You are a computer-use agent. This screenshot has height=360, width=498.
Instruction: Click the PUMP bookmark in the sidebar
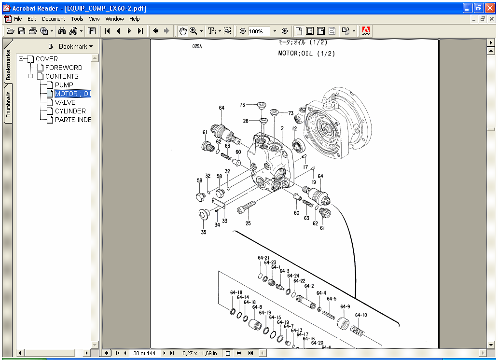(x=64, y=85)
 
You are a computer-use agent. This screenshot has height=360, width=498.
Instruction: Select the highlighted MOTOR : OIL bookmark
(x=72, y=94)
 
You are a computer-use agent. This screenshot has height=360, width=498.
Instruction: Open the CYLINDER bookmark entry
(x=70, y=111)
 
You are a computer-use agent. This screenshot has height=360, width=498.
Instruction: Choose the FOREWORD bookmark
(x=64, y=68)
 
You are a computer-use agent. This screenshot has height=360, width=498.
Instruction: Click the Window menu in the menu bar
(x=114, y=19)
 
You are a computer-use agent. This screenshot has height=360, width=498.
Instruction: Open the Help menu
(x=135, y=19)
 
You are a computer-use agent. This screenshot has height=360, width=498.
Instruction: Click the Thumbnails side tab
(x=8, y=105)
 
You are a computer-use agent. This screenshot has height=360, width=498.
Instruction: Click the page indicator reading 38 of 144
(x=144, y=353)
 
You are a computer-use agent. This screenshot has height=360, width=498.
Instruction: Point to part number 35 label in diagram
(x=203, y=233)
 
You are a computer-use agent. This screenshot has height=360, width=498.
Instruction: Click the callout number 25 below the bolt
(x=248, y=223)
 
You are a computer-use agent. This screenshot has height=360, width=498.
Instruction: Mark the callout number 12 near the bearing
(x=294, y=129)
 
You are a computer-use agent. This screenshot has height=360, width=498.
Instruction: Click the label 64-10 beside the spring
(x=361, y=315)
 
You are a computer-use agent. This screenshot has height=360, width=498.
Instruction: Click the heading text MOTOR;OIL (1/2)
(x=306, y=54)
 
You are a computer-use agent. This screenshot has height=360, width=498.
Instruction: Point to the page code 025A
(x=197, y=47)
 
